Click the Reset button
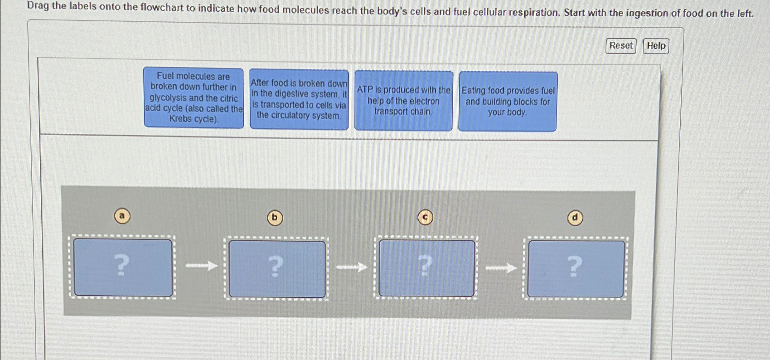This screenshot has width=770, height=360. pyautogui.click(x=620, y=46)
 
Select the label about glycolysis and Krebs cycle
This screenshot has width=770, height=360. pyautogui.click(x=194, y=97)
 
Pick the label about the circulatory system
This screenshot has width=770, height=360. pyautogui.click(x=299, y=99)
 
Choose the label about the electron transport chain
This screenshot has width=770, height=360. pyautogui.click(x=403, y=101)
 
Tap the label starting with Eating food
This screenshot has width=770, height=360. pyautogui.click(x=508, y=102)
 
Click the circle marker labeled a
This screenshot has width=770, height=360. pyautogui.click(x=122, y=216)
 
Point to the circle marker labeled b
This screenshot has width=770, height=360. pyautogui.click(x=275, y=218)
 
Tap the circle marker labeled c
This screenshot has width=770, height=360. pyautogui.click(x=425, y=218)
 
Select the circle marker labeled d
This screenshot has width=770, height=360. pyautogui.click(x=575, y=218)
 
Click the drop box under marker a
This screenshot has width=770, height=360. pyautogui.click(x=122, y=268)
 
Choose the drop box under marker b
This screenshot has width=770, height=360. pyautogui.click(x=276, y=268)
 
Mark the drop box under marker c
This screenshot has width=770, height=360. pyautogui.click(x=426, y=268)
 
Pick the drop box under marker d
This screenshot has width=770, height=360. pyautogui.click(x=576, y=269)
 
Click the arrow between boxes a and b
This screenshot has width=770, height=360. pyautogui.click(x=201, y=265)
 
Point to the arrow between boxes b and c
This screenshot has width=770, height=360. pyautogui.click(x=352, y=267)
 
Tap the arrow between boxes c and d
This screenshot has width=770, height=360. pyautogui.click(x=501, y=268)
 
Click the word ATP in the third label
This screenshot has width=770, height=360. pyautogui.click(x=364, y=90)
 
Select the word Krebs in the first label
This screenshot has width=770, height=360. pyautogui.click(x=180, y=119)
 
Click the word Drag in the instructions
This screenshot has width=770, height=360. pyautogui.click(x=38, y=6)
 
